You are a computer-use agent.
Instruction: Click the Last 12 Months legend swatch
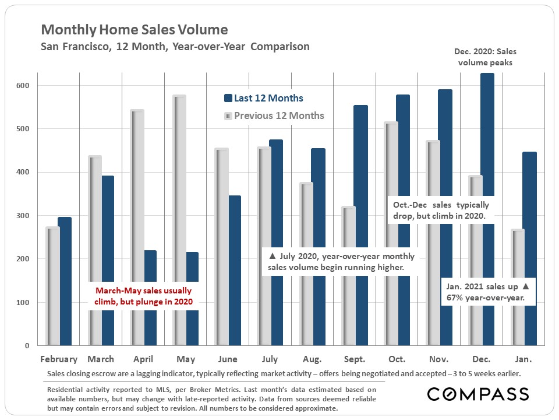(x=228, y=99)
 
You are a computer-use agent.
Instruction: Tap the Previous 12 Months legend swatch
(x=228, y=116)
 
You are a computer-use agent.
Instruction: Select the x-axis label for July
(x=270, y=359)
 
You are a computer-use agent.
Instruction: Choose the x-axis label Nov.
(x=438, y=359)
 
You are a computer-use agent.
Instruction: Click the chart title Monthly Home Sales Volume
(x=135, y=30)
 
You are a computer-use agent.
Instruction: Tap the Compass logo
(x=477, y=394)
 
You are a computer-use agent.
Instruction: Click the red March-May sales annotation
(x=143, y=296)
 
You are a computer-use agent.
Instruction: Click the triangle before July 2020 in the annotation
(x=271, y=256)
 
